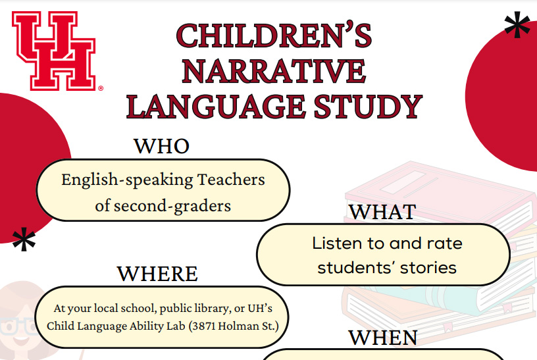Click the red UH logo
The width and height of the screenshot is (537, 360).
[54, 51]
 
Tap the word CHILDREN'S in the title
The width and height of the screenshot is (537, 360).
[274, 36]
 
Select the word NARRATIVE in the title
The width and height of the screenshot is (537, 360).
[274, 71]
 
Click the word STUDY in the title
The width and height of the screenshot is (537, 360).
[368, 107]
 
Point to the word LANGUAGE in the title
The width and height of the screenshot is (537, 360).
[216, 107]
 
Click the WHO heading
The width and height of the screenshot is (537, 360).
[161, 146]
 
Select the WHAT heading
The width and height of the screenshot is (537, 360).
[382, 212]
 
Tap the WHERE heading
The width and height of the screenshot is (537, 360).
[157, 274]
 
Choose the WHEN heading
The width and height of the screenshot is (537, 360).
[383, 338]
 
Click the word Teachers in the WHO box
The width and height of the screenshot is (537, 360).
[231, 180]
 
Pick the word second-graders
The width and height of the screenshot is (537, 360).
[172, 206]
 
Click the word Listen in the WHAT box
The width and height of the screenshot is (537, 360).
[337, 244]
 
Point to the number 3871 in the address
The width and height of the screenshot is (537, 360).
[204, 326]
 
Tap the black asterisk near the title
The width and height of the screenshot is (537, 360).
[517, 24]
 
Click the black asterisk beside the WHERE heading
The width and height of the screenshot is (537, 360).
[24, 239]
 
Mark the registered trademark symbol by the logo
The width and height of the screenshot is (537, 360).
[101, 88]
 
